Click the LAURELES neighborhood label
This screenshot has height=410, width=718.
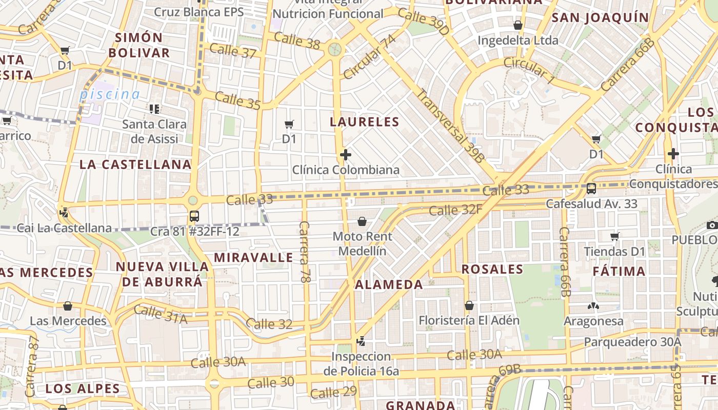click(364, 122)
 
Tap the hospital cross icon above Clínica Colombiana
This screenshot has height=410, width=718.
click(346, 154)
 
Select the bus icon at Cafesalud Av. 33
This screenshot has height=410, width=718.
click(591, 189)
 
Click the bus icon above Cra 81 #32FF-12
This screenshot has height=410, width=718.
click(194, 216)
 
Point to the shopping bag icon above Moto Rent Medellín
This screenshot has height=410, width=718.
click(362, 221)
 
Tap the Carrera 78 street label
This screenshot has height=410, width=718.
click(305, 252)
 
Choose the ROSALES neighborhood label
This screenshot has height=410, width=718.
click(492, 270)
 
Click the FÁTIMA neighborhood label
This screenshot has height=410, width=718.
click(619, 272)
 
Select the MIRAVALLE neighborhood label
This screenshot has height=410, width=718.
click(253, 258)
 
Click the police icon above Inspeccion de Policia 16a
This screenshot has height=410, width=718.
click(361, 341)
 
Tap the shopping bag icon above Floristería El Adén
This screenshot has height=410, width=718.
click(469, 305)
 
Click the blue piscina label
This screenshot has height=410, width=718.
click(109, 94)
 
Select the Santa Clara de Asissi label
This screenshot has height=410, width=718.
click(154, 131)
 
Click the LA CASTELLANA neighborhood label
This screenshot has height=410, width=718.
click(135, 165)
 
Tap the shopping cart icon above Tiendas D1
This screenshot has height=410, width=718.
click(614, 236)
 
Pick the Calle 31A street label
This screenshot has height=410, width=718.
click(160, 314)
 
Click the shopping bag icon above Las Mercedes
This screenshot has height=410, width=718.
click(67, 306)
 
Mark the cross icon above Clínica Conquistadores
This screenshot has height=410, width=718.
click(673, 153)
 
